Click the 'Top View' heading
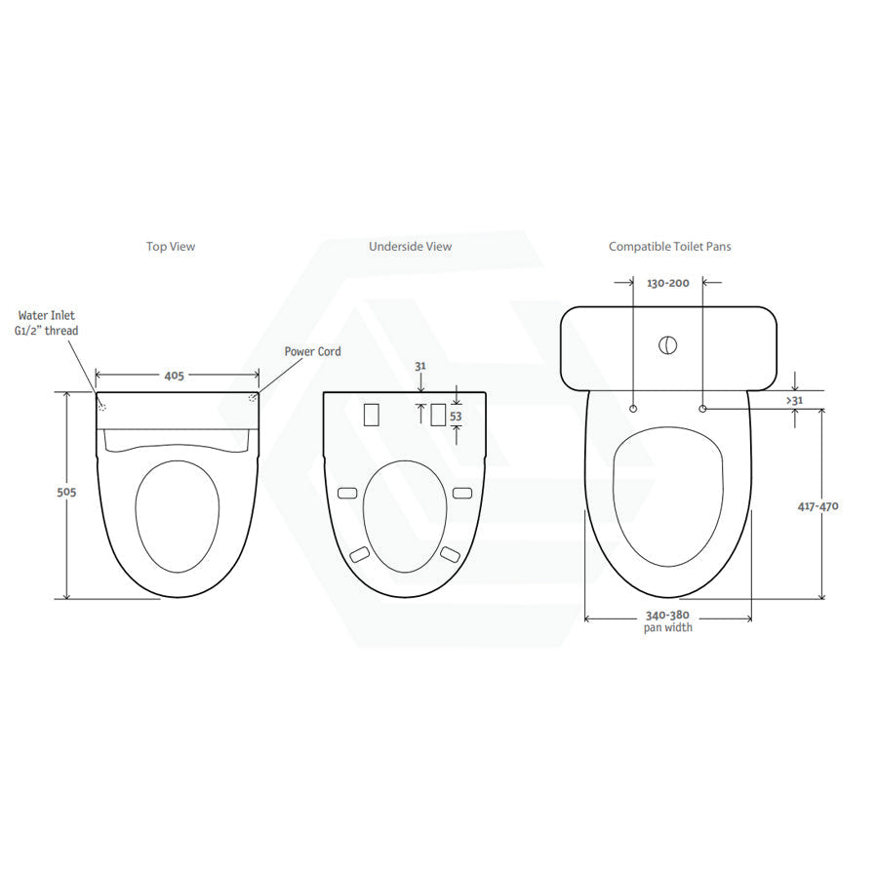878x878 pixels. pos(171,247)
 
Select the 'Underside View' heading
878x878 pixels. pos(411,247)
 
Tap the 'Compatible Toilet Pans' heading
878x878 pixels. pos(669,247)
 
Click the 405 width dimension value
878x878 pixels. pos(175,376)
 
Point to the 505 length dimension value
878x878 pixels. pos(66,493)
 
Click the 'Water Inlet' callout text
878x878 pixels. pos(47,315)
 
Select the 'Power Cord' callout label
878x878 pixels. pos(312,351)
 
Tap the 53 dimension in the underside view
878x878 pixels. pos(456,417)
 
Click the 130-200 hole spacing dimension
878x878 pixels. pos(668,283)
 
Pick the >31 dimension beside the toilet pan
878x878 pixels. pos(794,400)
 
